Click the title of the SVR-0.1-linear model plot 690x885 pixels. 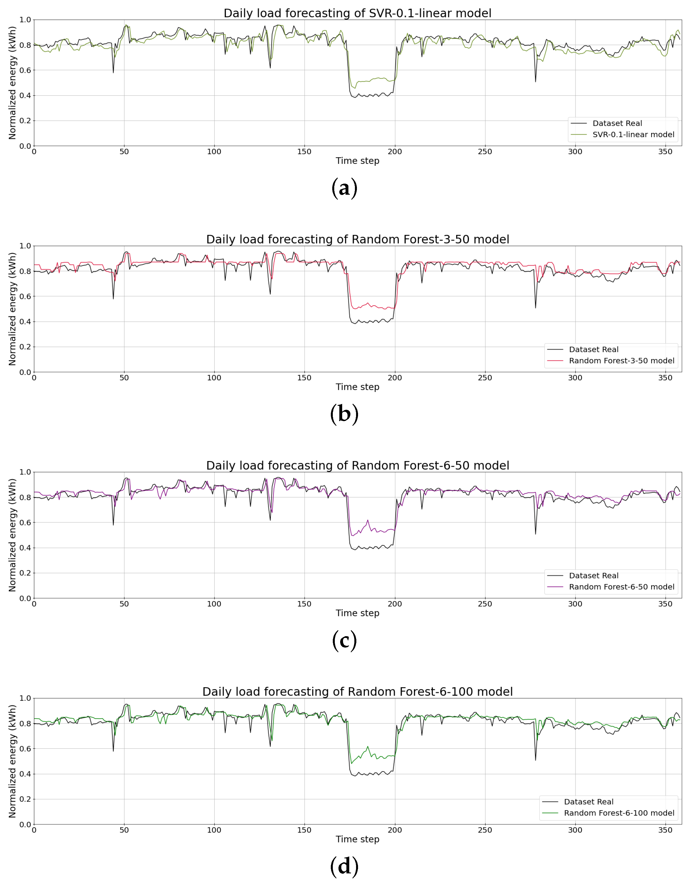357,13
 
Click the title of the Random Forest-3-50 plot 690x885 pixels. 357,239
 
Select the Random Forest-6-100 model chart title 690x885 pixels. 357,692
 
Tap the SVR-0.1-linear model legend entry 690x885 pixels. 633,135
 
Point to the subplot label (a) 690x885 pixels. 344,188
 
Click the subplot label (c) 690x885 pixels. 344,640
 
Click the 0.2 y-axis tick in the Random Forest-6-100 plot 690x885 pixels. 25,799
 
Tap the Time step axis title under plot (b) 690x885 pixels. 357,387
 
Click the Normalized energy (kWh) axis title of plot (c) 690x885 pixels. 12,535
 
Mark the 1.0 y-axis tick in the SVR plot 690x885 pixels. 25,20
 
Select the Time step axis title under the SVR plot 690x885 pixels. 357,161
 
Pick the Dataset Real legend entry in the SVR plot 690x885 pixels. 617,123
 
